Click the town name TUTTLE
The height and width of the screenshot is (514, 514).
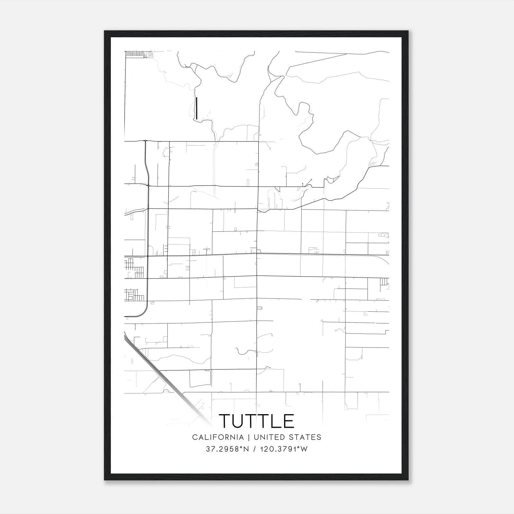[x=256, y=421]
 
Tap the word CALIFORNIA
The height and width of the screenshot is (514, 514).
[x=217, y=437]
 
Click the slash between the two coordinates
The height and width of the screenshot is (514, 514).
[x=254, y=449]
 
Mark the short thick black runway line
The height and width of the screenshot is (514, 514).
[x=197, y=108]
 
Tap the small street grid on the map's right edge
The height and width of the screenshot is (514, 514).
[x=384, y=282]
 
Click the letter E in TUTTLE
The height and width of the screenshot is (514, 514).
[x=288, y=421]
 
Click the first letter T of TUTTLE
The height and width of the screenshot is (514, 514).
[x=225, y=421]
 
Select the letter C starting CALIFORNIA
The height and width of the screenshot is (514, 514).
[x=195, y=437]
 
